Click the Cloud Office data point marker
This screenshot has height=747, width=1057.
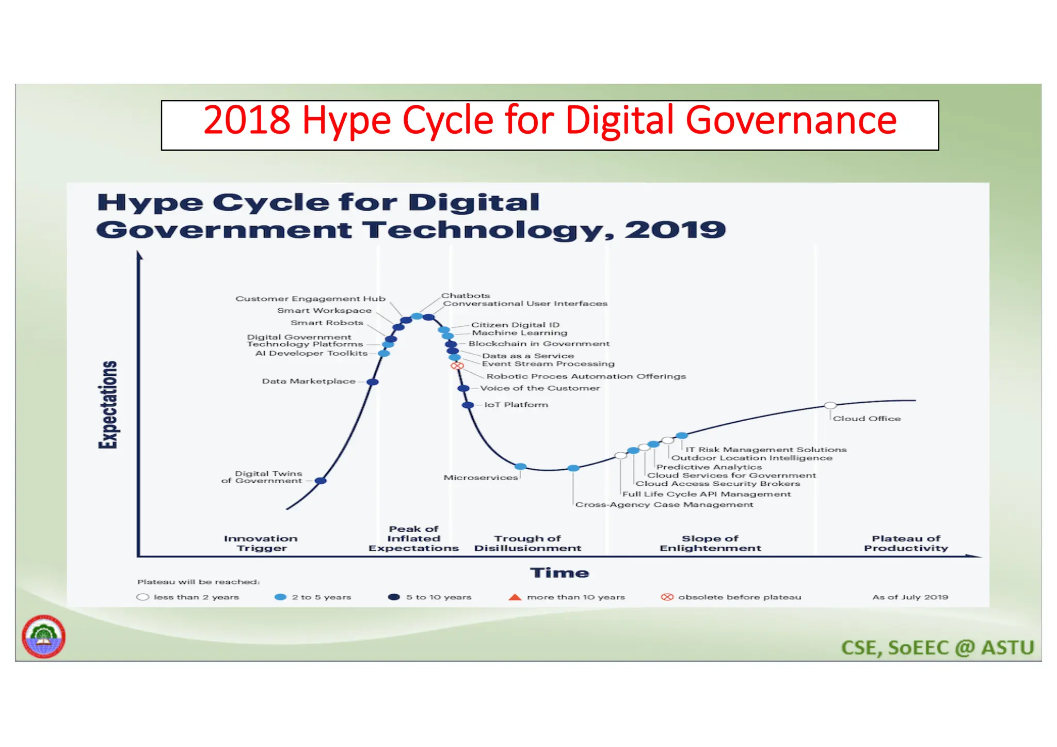[x=830, y=406]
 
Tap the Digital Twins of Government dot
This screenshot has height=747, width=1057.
[x=321, y=481]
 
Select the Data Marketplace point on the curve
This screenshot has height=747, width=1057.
[x=373, y=382]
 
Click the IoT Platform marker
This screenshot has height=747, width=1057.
[x=468, y=405]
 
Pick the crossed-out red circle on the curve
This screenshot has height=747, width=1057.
[x=457, y=365]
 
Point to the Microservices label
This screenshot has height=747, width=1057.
[x=481, y=478]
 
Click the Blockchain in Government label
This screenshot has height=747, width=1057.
[x=539, y=344]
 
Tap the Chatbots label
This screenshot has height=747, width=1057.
[x=465, y=296]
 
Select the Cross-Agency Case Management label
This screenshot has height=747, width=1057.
[x=664, y=504]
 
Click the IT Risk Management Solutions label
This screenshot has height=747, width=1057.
[x=766, y=450]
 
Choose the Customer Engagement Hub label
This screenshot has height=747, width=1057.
[x=310, y=299]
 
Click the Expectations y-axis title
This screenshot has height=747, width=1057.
[x=108, y=405]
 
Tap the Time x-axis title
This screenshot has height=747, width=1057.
[x=559, y=573]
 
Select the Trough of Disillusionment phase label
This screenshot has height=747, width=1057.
[x=527, y=543]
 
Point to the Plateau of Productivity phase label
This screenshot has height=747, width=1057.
[x=906, y=543]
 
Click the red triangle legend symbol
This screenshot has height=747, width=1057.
[x=515, y=597]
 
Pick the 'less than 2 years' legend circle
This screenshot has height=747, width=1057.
[x=143, y=597]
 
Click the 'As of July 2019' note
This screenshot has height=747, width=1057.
[x=910, y=597]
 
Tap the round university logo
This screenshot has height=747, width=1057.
[x=43, y=637]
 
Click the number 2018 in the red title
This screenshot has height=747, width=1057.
[x=247, y=120]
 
